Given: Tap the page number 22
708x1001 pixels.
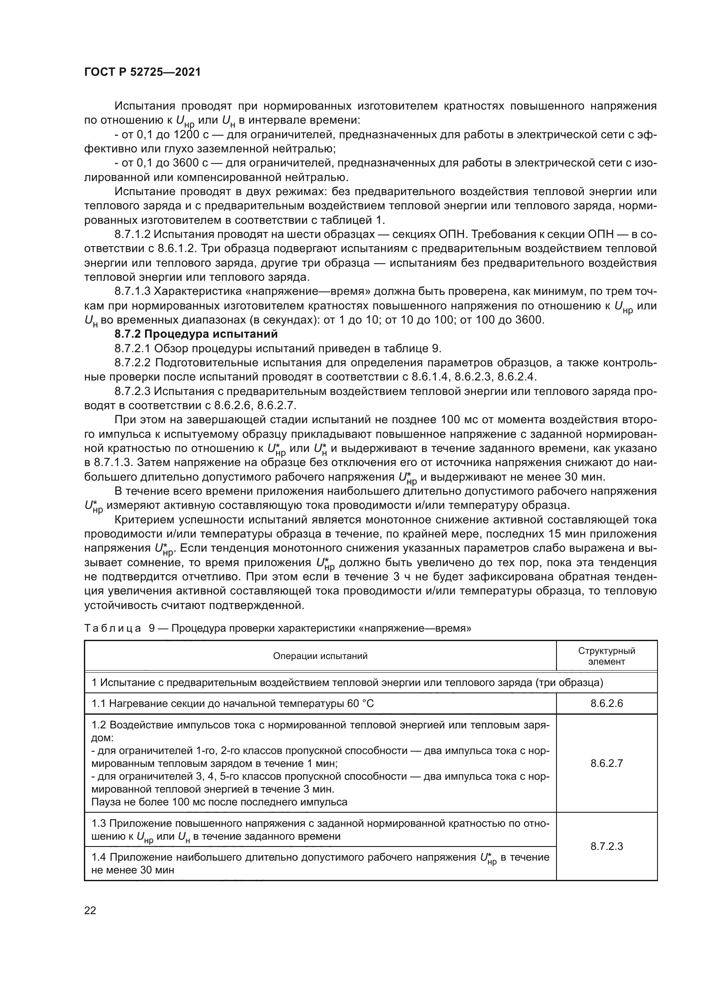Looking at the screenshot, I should click(x=90, y=910).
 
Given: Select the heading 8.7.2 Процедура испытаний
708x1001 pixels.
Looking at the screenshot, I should click(x=196, y=334).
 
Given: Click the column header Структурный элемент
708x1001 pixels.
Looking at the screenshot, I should click(x=607, y=656).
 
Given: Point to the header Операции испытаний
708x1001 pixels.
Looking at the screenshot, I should click(x=320, y=656).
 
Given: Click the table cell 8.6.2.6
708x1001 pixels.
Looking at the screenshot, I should click(x=607, y=703).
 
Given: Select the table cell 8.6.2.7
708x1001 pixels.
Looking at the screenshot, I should click(x=607, y=763).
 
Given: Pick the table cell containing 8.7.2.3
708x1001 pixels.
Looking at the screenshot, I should click(x=607, y=846).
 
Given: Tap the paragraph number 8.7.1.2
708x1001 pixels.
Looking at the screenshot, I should click(x=133, y=235).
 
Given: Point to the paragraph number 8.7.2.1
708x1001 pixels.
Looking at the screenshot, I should click(x=133, y=348).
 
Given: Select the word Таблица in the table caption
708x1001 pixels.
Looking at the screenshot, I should click(x=113, y=628).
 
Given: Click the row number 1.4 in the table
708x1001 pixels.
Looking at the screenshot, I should click(x=99, y=858).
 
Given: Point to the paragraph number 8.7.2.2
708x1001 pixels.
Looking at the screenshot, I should click(x=133, y=363).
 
